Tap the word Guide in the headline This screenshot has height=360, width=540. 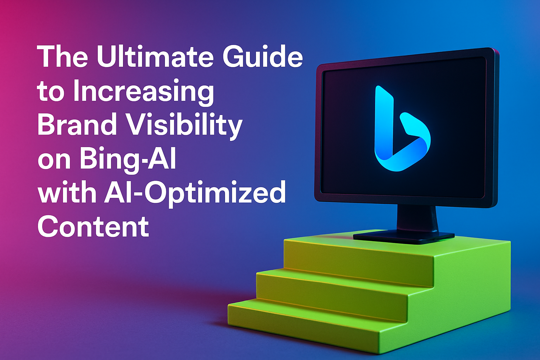pyautogui.click(x=263, y=57)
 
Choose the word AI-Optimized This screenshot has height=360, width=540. pyautogui.click(x=194, y=194)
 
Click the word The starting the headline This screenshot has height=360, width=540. pyautogui.click(x=63, y=57)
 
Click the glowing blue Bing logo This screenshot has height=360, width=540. pyautogui.click(x=402, y=129)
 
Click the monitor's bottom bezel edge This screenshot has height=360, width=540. pyautogui.click(x=406, y=202)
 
